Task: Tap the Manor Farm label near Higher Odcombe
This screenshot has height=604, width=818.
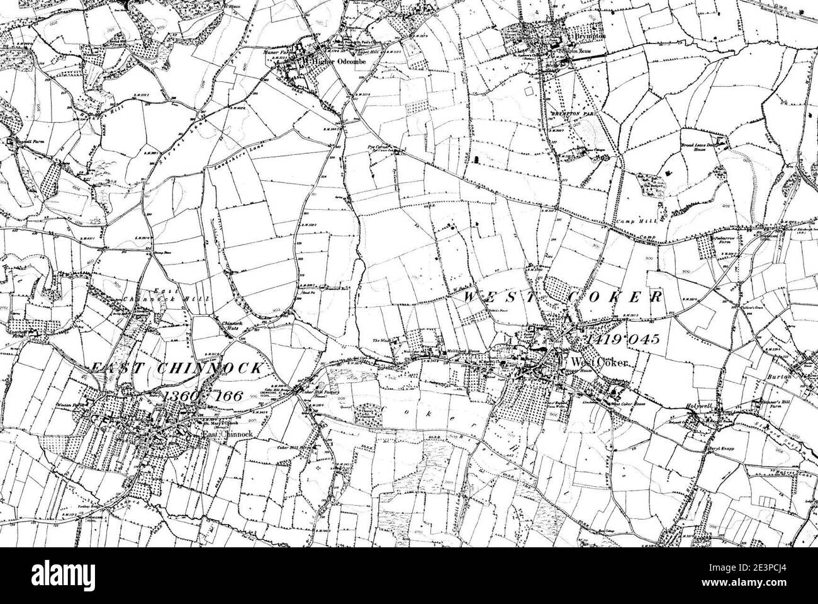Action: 274,52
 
